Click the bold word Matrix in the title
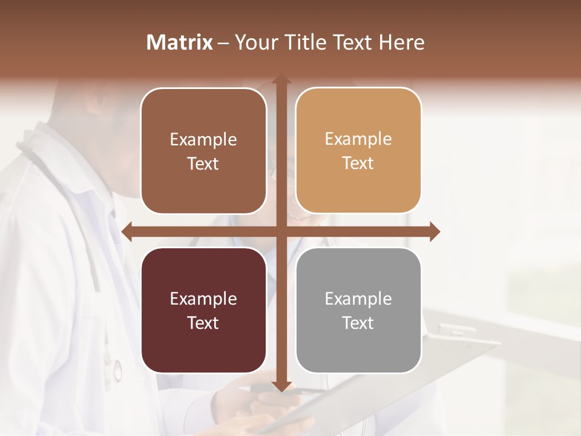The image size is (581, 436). tap(180, 42)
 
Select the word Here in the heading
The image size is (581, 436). tap(402, 42)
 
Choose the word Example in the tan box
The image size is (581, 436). tap(358, 139)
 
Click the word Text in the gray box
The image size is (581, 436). tap(358, 323)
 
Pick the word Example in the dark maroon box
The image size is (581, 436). tap(203, 299)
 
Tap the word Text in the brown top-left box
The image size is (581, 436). tap(203, 163)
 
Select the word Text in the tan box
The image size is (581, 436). tap(358, 163)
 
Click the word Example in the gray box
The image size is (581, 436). tap(358, 299)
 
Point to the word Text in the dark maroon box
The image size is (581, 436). tap(203, 323)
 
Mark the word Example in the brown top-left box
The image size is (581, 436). tap(203, 139)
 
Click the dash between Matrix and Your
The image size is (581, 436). tap(223, 43)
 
